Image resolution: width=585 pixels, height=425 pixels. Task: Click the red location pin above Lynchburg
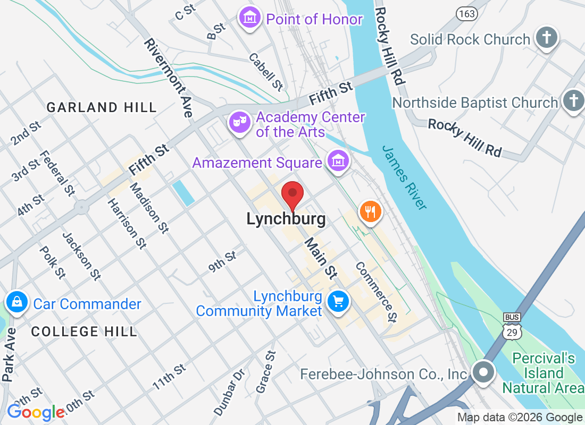pyautogui.click(x=292, y=194)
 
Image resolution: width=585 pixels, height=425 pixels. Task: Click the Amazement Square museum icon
pyautogui.click(x=338, y=161)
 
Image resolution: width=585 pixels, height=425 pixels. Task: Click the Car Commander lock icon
pyautogui.click(x=17, y=303)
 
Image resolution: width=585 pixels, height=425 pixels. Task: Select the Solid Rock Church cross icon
pyautogui.click(x=547, y=38)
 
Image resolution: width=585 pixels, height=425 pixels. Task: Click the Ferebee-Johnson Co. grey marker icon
pyautogui.click(x=483, y=372)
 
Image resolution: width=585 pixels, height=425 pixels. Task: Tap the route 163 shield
pyautogui.click(x=466, y=14)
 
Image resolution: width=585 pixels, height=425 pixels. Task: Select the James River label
pyautogui.click(x=404, y=177)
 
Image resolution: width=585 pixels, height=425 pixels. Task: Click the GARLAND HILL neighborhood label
pyautogui.click(x=102, y=107)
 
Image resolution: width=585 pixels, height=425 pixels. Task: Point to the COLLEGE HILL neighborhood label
pyautogui.click(x=84, y=332)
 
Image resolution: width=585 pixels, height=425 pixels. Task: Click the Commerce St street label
pyautogui.click(x=377, y=292)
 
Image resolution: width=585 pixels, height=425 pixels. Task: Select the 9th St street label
pyautogui.click(x=222, y=262)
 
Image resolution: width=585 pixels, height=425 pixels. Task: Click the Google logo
pyautogui.click(x=36, y=412)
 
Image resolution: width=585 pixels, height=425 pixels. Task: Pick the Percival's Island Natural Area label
pyautogui.click(x=543, y=373)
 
